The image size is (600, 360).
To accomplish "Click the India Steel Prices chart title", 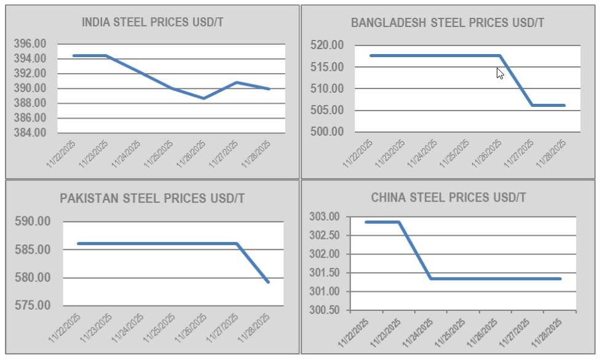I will (152, 23).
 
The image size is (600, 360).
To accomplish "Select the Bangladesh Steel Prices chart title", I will (447, 23).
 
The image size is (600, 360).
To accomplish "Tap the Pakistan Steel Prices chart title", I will (152, 198).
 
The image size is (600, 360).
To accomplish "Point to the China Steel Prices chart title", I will (448, 198).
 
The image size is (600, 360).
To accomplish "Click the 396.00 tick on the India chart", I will (30, 44).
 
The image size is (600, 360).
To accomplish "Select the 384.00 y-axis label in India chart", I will (30, 133).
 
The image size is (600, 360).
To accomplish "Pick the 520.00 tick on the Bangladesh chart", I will (327, 45).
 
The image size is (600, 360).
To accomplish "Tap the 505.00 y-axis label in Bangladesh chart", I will (327, 111).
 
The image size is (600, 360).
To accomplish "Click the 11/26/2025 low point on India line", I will (204, 98).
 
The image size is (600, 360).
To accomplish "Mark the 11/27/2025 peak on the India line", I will (237, 82).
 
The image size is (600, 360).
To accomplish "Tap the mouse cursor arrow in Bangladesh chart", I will (500, 73).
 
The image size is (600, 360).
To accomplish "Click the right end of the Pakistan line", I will (268, 282).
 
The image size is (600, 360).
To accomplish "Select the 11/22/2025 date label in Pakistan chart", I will (65, 329).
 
